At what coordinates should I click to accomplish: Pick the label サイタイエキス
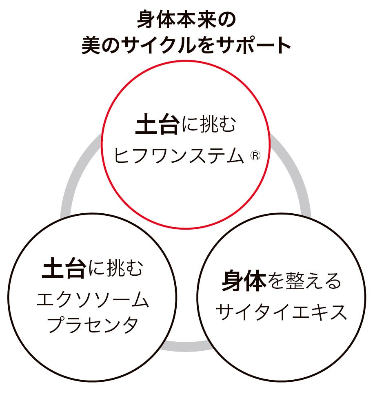pos(281,312)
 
